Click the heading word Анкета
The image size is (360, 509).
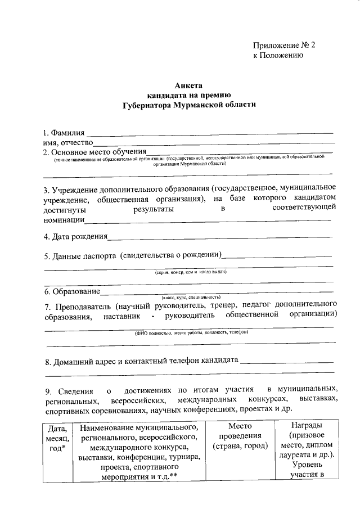(x=188, y=85)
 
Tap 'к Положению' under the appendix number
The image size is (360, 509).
(x=278, y=56)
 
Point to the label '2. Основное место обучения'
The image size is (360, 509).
(x=95, y=152)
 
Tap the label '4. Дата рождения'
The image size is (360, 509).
(x=76, y=237)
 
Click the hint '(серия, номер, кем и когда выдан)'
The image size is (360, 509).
(x=191, y=272)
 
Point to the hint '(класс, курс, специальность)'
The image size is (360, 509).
(x=191, y=297)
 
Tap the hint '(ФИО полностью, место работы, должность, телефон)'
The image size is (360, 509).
(x=191, y=332)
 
